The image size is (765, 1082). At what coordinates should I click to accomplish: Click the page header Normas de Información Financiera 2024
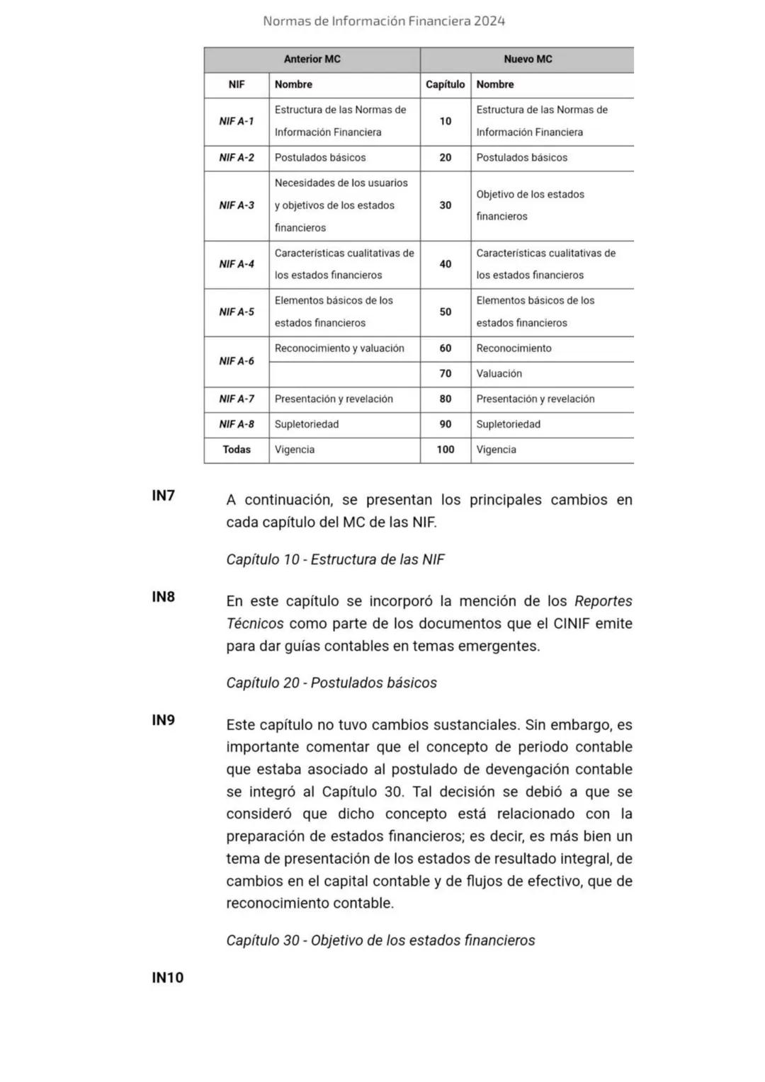(383, 21)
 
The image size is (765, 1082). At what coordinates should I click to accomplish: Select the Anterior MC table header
(312, 59)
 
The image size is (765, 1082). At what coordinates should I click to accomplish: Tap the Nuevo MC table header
(528, 59)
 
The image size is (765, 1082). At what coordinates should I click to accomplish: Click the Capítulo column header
(445, 85)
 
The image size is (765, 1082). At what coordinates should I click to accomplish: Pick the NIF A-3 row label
(237, 205)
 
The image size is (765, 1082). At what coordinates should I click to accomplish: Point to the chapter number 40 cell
(445, 264)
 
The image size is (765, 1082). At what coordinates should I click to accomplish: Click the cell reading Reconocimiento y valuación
(339, 348)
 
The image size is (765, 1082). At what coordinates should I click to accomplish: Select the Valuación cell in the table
(499, 374)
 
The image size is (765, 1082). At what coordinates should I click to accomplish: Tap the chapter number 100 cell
(445, 450)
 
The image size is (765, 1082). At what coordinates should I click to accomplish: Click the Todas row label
(237, 450)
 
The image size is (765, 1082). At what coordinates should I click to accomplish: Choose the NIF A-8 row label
(237, 424)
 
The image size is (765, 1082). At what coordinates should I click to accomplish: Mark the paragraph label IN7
(163, 496)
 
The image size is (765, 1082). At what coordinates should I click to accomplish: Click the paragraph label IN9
(163, 720)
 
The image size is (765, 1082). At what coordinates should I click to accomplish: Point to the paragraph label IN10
(167, 978)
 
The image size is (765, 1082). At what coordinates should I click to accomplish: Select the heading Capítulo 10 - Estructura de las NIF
(335, 559)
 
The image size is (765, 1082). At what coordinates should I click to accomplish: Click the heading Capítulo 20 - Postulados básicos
(331, 683)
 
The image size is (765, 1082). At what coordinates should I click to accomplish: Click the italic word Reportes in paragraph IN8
(603, 601)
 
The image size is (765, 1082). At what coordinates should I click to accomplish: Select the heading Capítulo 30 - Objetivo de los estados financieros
(380, 940)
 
